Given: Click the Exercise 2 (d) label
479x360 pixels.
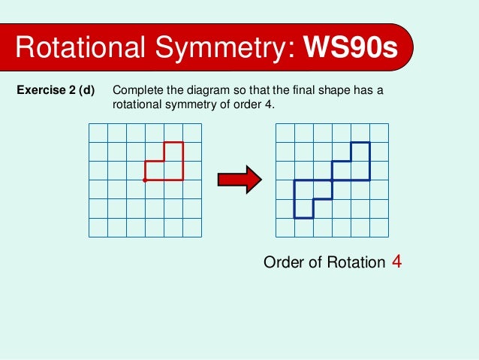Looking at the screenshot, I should point(56,92).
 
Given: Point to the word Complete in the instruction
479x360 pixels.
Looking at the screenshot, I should point(136,92).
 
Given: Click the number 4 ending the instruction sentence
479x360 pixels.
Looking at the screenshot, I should point(270,104).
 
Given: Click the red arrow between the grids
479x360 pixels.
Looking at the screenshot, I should point(239,180).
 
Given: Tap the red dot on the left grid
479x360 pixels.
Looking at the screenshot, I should point(145,180).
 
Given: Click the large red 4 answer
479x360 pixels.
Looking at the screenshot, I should point(397,262).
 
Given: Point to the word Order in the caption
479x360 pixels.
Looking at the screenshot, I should point(283,263).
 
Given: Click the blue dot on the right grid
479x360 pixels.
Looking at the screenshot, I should point(332,180).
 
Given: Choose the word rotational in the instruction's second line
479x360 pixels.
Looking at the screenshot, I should point(139,104).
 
